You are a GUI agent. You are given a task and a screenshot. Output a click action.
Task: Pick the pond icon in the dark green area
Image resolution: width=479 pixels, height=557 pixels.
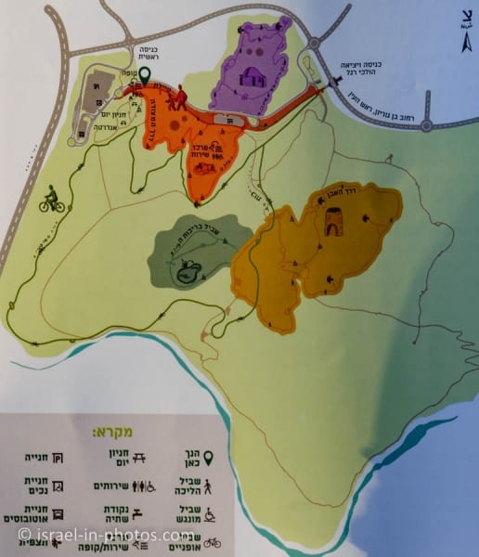tap(190, 270)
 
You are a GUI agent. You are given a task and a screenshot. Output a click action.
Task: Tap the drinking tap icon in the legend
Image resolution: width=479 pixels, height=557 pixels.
tap(138, 512)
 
